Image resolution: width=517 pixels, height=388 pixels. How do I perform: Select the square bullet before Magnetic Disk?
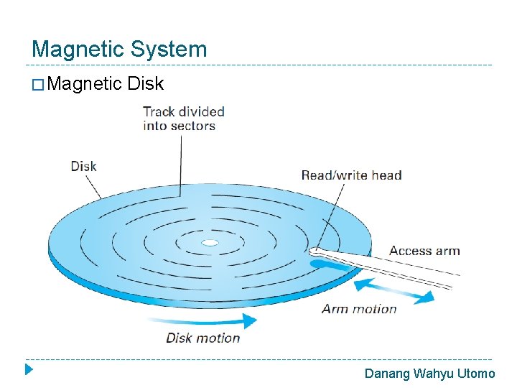tap(40, 86)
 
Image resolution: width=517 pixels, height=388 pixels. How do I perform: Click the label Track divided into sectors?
tap(183, 119)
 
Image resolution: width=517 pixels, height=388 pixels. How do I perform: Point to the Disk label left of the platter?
tap(83, 166)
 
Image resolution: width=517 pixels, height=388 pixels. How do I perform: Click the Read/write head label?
tap(351, 175)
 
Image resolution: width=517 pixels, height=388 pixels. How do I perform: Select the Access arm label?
tap(424, 251)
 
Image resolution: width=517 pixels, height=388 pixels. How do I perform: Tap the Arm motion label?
tap(359, 309)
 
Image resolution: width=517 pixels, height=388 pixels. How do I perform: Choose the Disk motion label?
tap(203, 338)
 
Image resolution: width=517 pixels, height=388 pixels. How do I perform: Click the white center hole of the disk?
tap(210, 243)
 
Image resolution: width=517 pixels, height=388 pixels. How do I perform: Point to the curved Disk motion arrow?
tap(208, 321)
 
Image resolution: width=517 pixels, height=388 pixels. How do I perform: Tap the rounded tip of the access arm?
tap(315, 252)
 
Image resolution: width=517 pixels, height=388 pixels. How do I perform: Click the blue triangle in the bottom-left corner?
tap(29, 371)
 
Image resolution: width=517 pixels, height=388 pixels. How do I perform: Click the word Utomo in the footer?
tap(476, 373)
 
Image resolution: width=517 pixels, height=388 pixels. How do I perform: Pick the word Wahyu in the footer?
tap(433, 373)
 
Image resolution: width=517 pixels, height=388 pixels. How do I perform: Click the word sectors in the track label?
tap(189, 126)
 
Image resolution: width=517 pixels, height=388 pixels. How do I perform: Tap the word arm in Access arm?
tap(446, 251)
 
